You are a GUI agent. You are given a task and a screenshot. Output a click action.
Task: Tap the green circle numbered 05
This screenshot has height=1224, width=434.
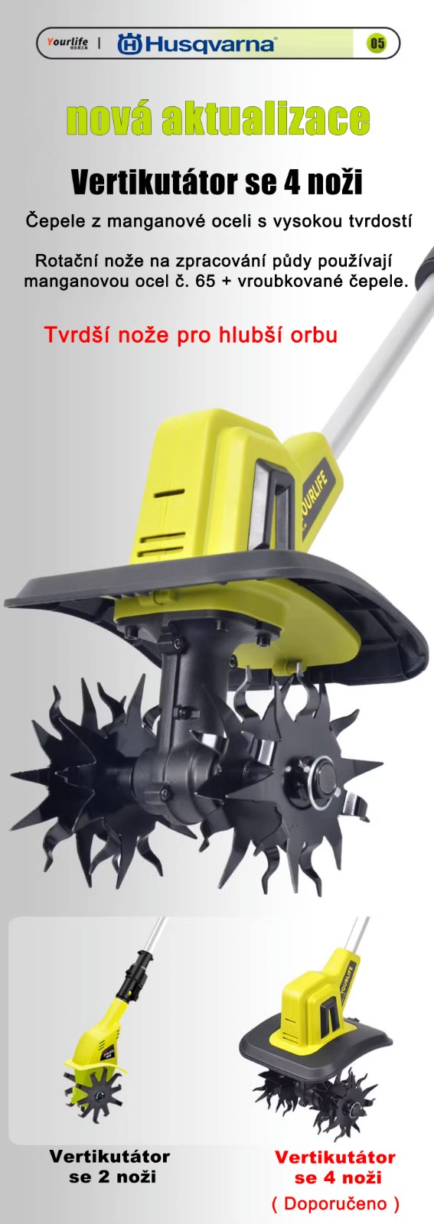point(377,43)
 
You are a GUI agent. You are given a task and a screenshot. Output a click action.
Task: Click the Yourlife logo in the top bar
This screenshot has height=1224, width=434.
point(68,43)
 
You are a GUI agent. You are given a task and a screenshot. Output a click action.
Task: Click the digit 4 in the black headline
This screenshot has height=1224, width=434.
point(290,182)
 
